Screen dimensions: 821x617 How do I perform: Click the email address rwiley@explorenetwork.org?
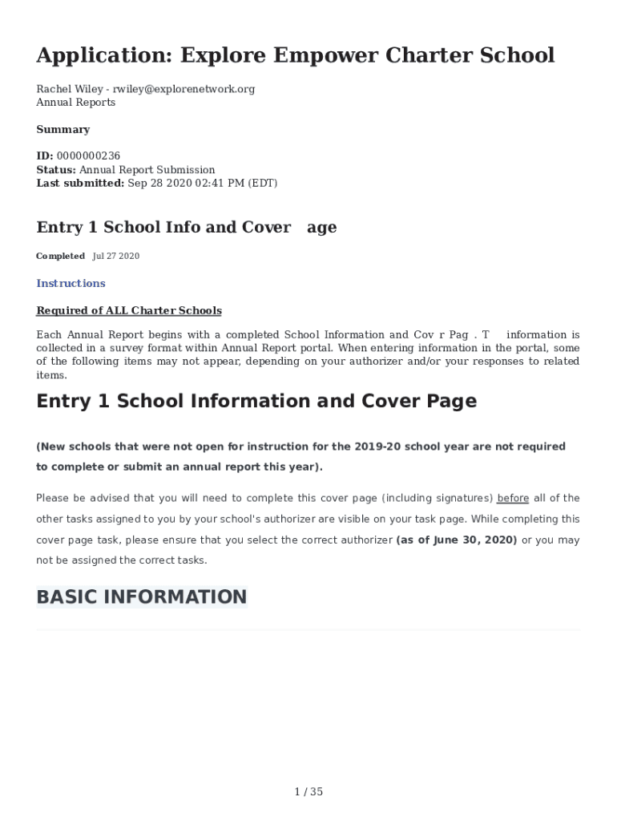coord(184,89)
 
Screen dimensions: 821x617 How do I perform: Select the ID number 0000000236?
coord(88,156)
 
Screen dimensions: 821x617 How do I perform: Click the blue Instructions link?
coord(71,283)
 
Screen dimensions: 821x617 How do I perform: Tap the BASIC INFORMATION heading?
coord(141,597)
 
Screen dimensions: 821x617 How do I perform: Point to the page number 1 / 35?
coord(308,792)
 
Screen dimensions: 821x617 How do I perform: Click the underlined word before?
coord(513,499)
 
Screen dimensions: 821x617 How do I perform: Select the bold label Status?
coord(56,169)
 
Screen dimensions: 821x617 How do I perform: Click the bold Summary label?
coord(63,129)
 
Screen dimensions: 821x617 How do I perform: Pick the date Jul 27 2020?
coord(116,256)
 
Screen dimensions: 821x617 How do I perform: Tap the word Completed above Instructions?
coord(60,256)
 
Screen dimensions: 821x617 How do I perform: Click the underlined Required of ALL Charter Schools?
coord(129,310)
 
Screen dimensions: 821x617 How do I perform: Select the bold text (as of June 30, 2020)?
coord(457,540)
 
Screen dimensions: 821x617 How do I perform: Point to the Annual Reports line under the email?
coord(75,102)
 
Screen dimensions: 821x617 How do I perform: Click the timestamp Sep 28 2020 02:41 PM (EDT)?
coord(203,183)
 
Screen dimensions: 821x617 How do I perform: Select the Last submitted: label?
coord(80,183)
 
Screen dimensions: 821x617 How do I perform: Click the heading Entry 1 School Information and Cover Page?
coord(256,401)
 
